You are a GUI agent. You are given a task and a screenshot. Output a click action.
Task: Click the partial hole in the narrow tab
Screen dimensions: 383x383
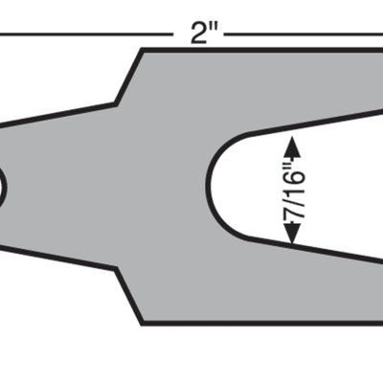[x=2, y=186]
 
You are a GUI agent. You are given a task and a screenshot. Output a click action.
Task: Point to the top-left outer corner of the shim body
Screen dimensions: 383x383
[x=143, y=50]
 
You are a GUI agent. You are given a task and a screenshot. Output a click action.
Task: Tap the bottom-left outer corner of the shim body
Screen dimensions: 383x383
[x=143, y=323]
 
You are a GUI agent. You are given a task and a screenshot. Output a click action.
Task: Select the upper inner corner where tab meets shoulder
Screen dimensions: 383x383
[x=117, y=101]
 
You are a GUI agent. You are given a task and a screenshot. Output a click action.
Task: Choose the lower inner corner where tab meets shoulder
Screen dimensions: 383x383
[x=117, y=270]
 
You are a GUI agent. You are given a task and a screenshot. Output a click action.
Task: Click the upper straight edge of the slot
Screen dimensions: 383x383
[x=316, y=122]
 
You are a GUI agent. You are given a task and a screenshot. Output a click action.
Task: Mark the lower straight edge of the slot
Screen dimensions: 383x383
[x=316, y=250]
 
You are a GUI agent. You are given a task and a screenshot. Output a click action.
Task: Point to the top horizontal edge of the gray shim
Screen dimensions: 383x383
[x=259, y=50]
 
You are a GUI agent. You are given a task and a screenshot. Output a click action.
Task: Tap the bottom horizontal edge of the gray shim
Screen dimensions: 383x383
[x=259, y=323]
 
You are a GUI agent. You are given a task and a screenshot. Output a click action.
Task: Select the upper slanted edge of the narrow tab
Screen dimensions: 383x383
[x=57, y=112]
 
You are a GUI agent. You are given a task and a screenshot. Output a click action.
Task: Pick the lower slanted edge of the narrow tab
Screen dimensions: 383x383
[x=57, y=259]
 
